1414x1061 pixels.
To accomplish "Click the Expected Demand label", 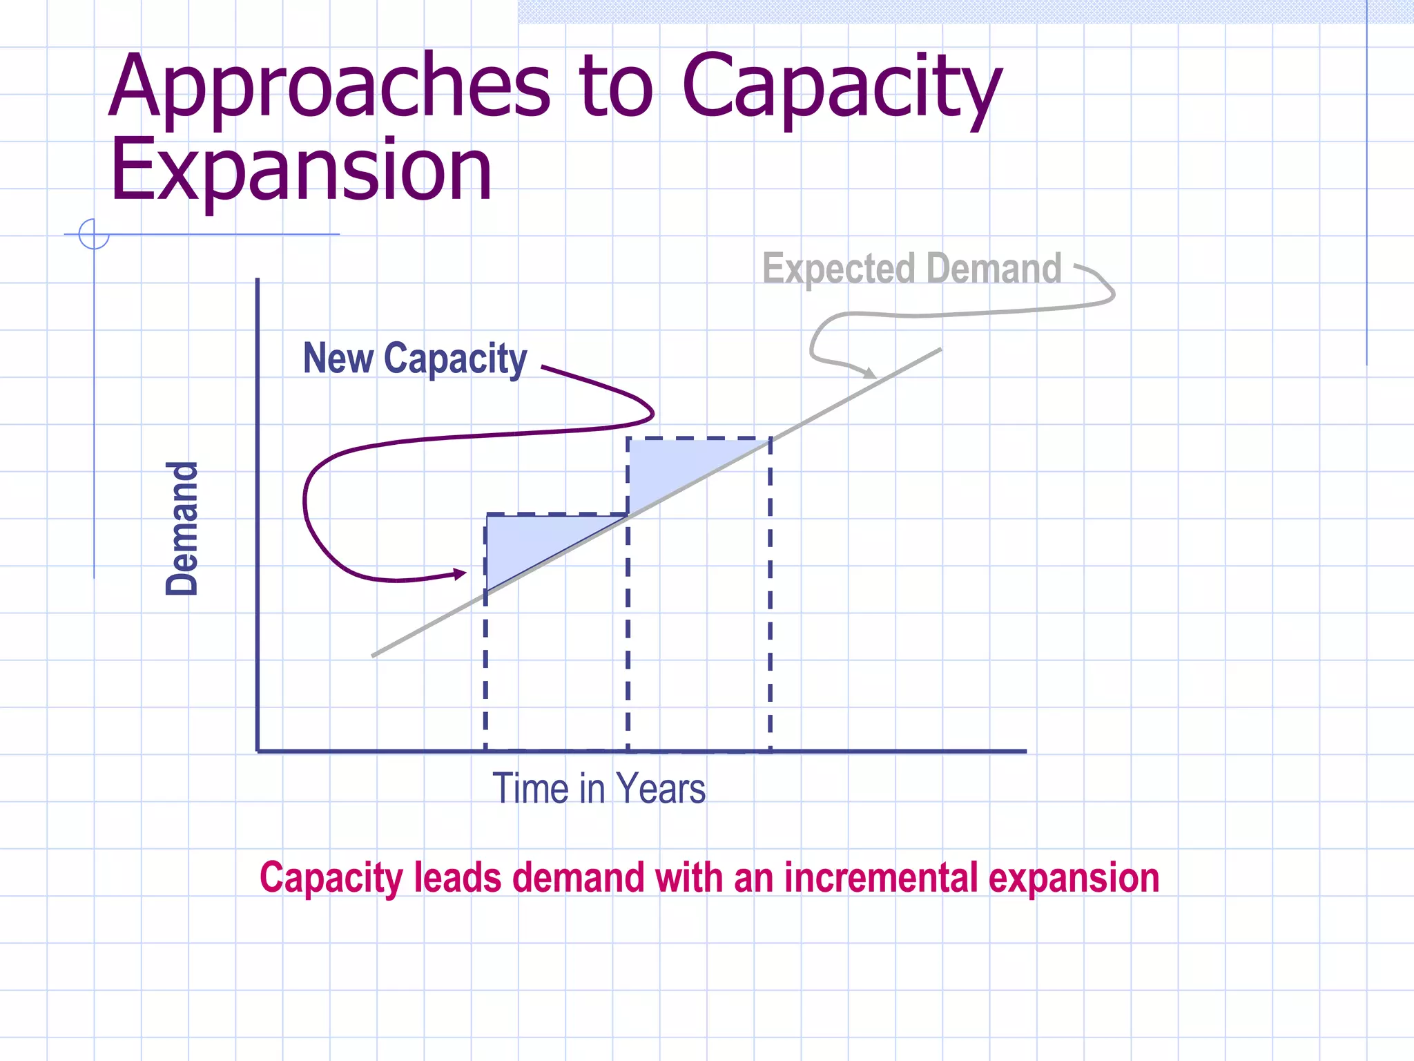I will pos(911,269).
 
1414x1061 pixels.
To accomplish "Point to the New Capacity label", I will pos(415,359).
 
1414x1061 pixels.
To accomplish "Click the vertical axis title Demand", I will pos(182,528).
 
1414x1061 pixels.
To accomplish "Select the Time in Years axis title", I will pos(599,788).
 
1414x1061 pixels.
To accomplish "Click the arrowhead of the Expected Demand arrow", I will pos(869,374).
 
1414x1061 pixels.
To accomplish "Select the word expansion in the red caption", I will pos(1074,878).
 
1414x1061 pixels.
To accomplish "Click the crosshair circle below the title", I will pos(94,233).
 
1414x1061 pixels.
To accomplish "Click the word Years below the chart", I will pos(661,788).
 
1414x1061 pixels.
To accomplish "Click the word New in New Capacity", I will pos(338,359).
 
